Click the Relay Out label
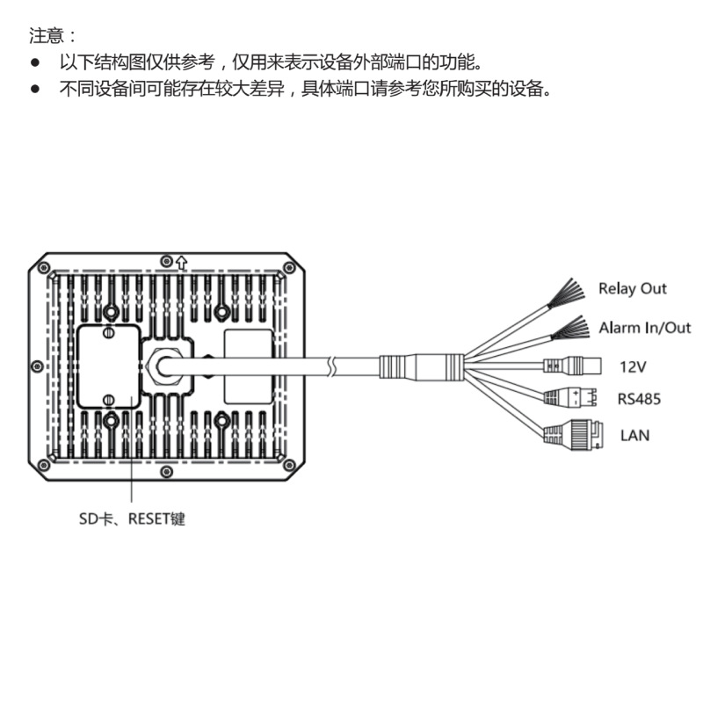[x=632, y=288]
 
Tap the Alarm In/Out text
[x=644, y=328]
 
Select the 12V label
[x=634, y=366]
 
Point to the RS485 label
[x=639, y=399]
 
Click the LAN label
[x=634, y=434]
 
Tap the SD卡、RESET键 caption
[x=132, y=518]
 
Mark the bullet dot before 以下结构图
[x=36, y=63]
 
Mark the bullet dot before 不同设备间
[x=36, y=89]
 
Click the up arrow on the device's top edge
[x=182, y=260]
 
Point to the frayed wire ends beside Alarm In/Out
[x=569, y=330]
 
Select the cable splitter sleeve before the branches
[x=421, y=364]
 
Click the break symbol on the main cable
[x=332, y=364]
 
